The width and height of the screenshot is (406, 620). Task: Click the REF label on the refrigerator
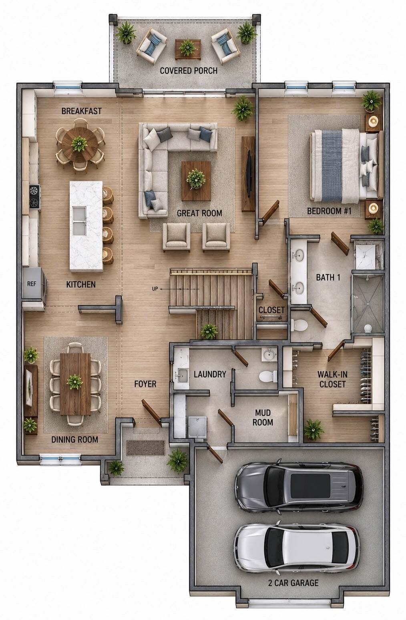tap(31, 284)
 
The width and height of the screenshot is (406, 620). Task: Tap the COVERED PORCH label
tap(189, 71)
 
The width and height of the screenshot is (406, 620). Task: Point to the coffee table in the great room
tap(196, 181)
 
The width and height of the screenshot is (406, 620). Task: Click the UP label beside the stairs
tap(155, 289)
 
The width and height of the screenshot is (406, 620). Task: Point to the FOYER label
tap(145, 384)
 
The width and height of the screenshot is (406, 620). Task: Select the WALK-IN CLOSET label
tap(332, 379)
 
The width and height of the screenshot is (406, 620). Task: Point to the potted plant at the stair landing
tap(209, 331)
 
